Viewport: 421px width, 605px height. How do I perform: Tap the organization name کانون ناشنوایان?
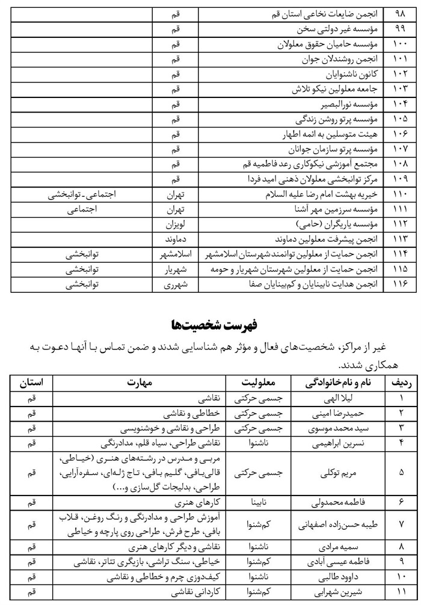[343, 75]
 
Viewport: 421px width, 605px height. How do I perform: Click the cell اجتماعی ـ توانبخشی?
[94, 195]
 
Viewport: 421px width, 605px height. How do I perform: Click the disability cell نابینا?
[258, 501]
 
